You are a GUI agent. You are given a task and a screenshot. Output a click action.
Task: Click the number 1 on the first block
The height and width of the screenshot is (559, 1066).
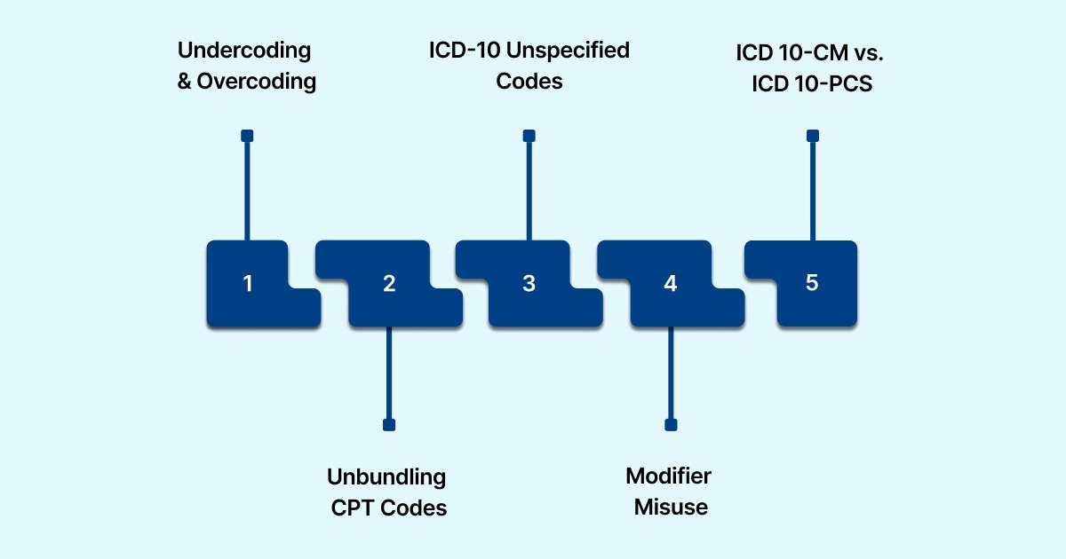pos(248,284)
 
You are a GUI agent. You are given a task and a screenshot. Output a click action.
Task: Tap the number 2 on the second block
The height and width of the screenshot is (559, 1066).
pos(389,284)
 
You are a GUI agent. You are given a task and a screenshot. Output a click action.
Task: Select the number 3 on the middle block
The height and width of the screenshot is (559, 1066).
pos(529,284)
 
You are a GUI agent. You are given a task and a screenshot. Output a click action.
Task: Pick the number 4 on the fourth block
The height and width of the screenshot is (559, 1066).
pos(671,284)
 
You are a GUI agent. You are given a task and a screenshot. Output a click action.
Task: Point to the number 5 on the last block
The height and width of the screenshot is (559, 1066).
pos(812,283)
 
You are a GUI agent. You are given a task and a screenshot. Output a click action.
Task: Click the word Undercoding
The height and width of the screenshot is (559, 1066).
pos(245,51)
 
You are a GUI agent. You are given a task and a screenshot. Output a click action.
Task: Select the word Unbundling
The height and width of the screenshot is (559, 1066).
pos(386,476)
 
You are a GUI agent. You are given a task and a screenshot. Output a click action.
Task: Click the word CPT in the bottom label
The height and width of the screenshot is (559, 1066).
pos(352,508)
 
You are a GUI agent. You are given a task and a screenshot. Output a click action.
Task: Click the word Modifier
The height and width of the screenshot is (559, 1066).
pos(669,476)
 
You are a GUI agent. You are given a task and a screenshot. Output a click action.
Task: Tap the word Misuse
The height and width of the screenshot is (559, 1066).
pos(671,508)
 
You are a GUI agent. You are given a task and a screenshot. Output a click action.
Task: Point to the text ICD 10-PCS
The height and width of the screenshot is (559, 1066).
pos(812,83)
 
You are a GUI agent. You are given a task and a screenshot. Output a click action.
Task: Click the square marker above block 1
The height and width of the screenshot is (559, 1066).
pos(248,136)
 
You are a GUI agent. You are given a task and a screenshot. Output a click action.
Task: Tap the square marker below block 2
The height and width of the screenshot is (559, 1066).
pos(388,425)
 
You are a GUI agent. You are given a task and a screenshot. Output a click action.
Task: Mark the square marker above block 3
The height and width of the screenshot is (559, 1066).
pos(529,136)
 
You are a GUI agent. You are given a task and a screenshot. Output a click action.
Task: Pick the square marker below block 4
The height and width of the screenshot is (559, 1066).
pos(671,425)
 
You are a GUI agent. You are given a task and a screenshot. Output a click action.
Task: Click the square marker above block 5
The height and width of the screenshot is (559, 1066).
pos(812,136)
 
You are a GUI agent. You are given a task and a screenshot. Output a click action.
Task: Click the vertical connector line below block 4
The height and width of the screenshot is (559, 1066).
pos(671,373)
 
